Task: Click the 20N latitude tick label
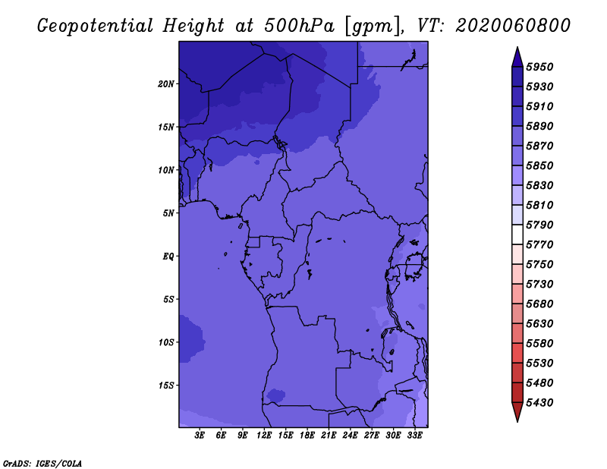tap(166, 83)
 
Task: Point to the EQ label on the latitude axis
tap(168, 256)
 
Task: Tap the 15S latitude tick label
tap(166, 385)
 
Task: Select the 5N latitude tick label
tap(168, 212)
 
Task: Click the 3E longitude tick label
tap(200, 435)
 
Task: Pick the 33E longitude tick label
tap(414, 435)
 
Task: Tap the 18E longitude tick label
tap(307, 435)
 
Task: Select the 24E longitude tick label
tap(350, 435)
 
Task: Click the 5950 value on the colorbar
tap(542, 67)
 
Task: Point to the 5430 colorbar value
tap(542, 402)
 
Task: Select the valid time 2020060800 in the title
tap(513, 25)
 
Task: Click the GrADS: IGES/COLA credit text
tap(42, 463)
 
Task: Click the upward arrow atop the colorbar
tap(517, 55)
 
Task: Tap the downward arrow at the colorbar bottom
tap(517, 412)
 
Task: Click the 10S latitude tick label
tap(166, 342)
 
